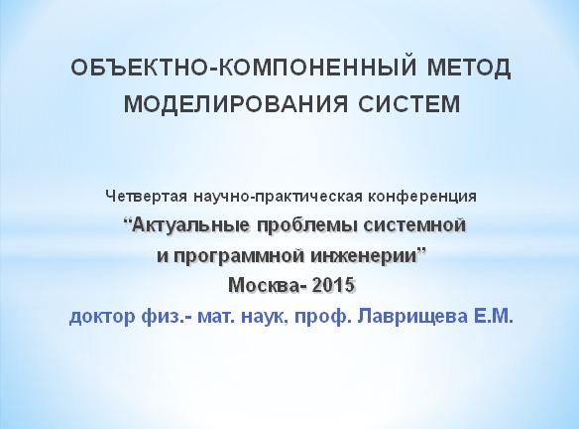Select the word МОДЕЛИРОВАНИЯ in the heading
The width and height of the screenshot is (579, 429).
(x=236, y=103)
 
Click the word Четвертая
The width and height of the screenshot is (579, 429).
(x=146, y=196)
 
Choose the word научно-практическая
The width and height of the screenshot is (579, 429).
(x=278, y=197)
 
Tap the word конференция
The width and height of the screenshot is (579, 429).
(x=422, y=197)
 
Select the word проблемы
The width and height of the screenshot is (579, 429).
(x=305, y=225)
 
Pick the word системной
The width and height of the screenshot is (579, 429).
(x=414, y=224)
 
